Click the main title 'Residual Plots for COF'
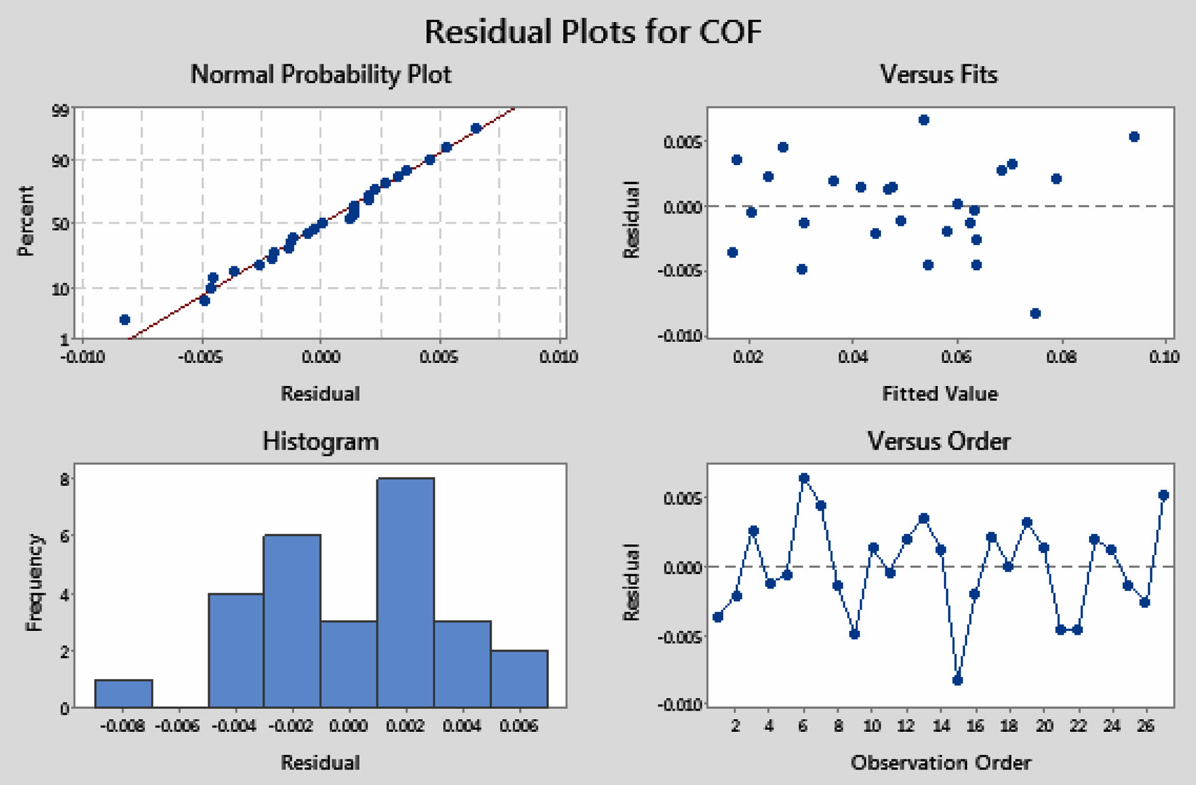[x=592, y=32]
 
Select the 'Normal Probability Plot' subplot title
[x=321, y=74]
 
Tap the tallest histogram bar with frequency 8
[x=405, y=593]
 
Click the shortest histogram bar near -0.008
[x=124, y=693]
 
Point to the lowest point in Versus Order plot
[x=957, y=680]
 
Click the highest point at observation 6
[x=804, y=478]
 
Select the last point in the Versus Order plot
[x=1164, y=495]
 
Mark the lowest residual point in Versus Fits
[x=1035, y=313]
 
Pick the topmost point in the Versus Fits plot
[x=924, y=120]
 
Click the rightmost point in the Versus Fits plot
[x=1134, y=137]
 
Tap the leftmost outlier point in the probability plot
[x=125, y=320]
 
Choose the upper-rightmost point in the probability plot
[x=476, y=129]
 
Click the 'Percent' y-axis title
[x=25, y=221]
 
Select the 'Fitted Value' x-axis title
[x=940, y=394]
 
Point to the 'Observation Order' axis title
[x=940, y=763]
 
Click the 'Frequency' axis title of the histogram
[x=33, y=582]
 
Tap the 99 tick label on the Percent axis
[x=61, y=110]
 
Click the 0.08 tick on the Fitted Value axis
[x=1061, y=357]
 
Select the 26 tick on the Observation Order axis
[x=1145, y=726]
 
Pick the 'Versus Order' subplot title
[x=939, y=441]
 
